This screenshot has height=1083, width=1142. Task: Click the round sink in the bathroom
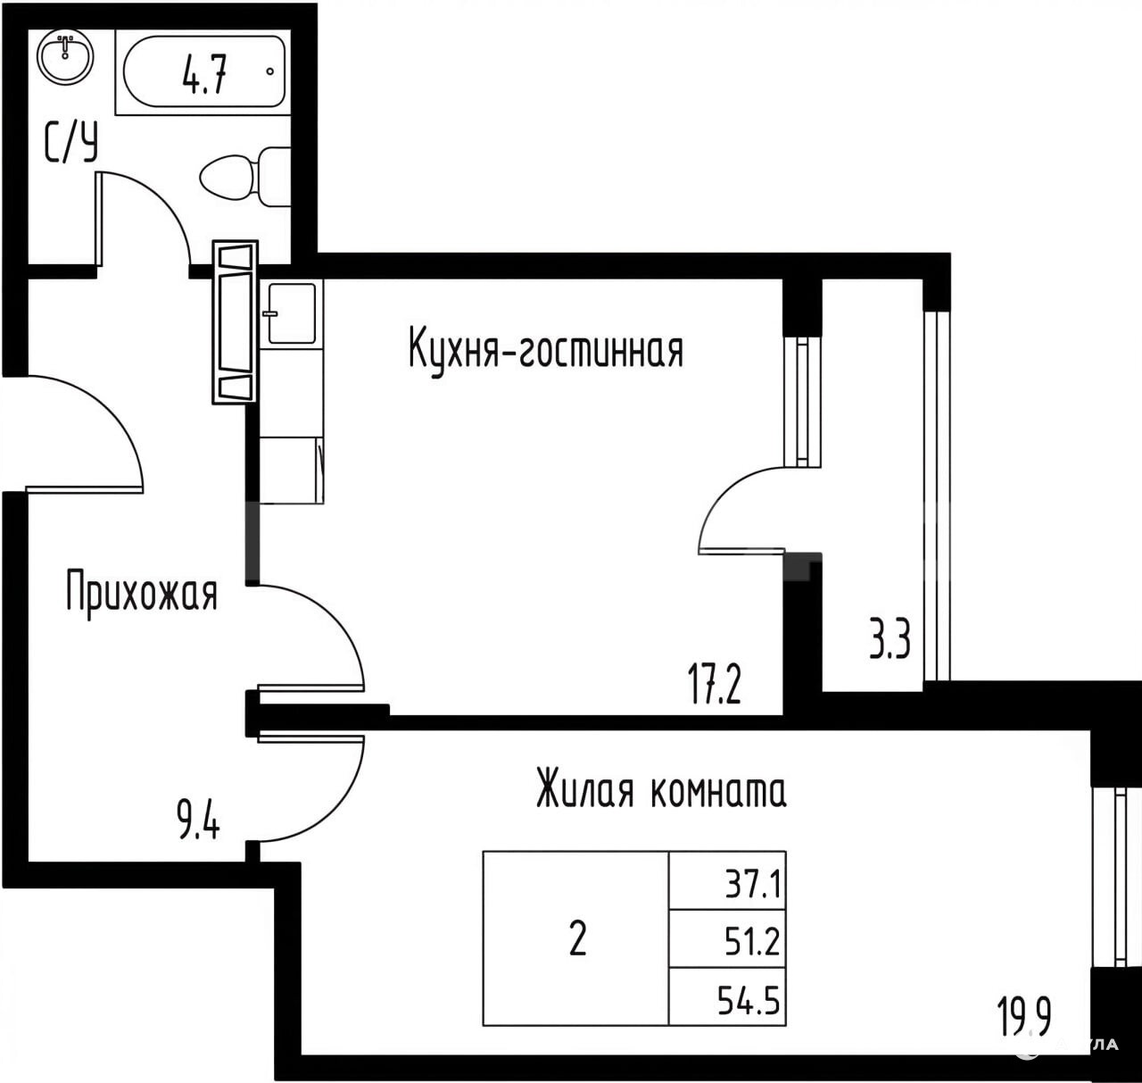tap(65, 56)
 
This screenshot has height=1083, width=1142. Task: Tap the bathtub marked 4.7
tap(204, 71)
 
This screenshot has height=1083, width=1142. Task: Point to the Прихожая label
tap(142, 591)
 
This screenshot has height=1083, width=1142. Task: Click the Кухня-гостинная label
tap(546, 349)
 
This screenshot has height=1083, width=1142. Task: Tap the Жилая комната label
tap(661, 789)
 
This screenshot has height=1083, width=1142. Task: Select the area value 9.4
tap(199, 819)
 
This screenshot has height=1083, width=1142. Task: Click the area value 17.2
tap(715, 684)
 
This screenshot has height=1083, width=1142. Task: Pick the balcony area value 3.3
tap(890, 639)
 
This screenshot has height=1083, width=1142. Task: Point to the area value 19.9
tap(1024, 1015)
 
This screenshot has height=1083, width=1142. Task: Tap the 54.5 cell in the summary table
tap(727, 996)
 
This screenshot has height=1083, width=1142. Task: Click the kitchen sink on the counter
tap(291, 313)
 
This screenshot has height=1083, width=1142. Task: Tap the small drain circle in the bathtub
tap(270, 71)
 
